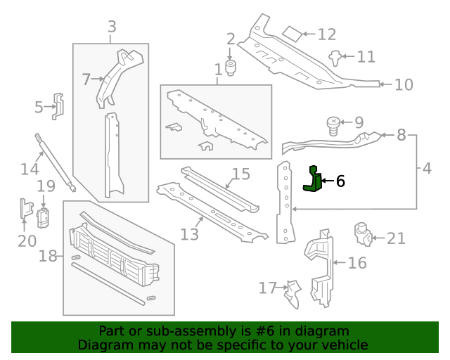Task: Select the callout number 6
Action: pyautogui.click(x=341, y=181)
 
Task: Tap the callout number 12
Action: pyautogui.click(x=327, y=34)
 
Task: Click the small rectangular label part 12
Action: pyautogui.click(x=292, y=33)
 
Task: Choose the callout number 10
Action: pyautogui.click(x=403, y=85)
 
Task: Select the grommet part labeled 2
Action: pyautogui.click(x=231, y=69)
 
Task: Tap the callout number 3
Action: pyautogui.click(x=112, y=27)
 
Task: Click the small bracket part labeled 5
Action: pyautogui.click(x=60, y=105)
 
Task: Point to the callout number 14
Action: pyautogui.click(x=30, y=169)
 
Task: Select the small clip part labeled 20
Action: pyautogui.click(x=25, y=210)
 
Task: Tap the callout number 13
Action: pyautogui.click(x=189, y=233)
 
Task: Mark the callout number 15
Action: pyautogui.click(x=240, y=174)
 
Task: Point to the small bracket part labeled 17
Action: pyautogui.click(x=292, y=295)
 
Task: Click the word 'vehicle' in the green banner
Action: pyautogui.click(x=345, y=345)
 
